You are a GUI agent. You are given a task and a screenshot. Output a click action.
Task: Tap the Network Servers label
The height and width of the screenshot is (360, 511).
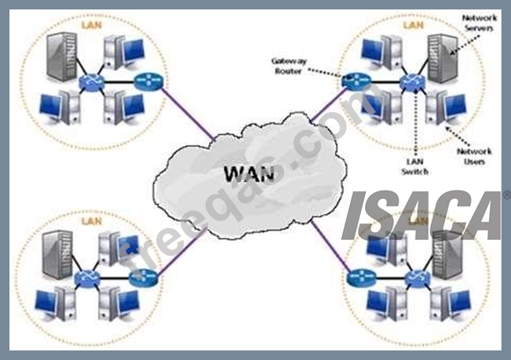[479, 23]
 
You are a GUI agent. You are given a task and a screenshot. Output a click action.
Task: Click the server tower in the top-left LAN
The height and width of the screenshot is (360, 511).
[64, 56]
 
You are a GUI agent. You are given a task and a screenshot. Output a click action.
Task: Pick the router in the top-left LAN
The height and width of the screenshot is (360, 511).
[147, 80]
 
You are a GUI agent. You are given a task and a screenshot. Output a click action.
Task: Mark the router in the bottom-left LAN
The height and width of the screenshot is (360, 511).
[146, 276]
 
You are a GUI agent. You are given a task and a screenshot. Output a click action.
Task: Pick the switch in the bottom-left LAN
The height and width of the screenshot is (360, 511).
[85, 277]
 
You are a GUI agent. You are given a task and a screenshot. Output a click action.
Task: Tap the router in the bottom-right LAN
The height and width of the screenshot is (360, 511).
[359, 276]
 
